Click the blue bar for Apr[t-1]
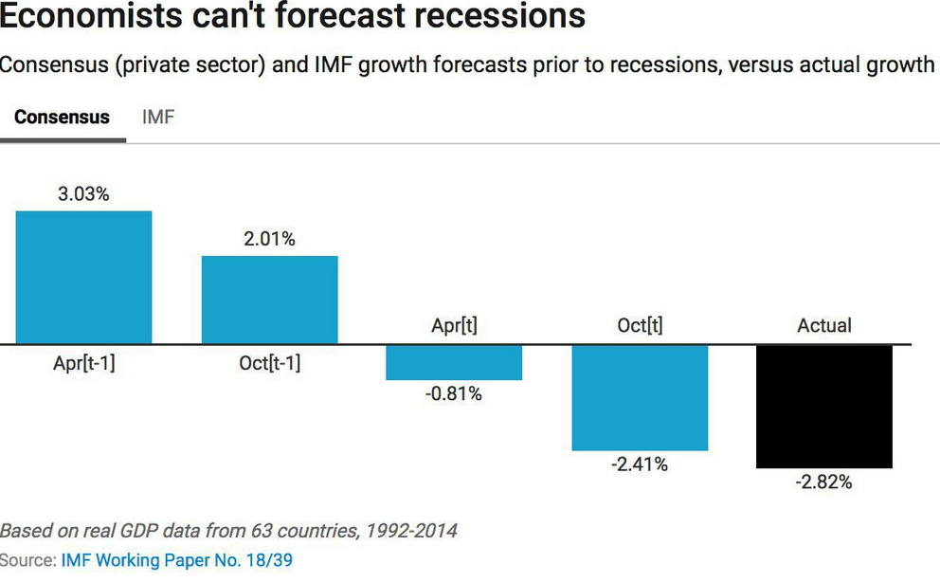[x=84, y=278]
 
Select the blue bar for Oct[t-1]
[x=270, y=300]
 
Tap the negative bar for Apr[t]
[x=454, y=363]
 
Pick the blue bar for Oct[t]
[x=640, y=398]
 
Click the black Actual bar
[x=824, y=407]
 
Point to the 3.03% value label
[x=84, y=194]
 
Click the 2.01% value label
[x=270, y=239]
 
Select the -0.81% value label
[x=454, y=393]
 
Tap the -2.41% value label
[x=640, y=464]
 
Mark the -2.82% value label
[x=824, y=482]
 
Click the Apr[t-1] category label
[x=84, y=363]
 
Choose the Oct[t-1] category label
[x=270, y=363]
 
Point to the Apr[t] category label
[x=455, y=325]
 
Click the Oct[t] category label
[x=641, y=325]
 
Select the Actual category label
[x=824, y=325]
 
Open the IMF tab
[x=158, y=117]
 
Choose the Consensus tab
[x=62, y=117]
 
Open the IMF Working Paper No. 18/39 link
[x=177, y=560]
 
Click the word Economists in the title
[x=91, y=15]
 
